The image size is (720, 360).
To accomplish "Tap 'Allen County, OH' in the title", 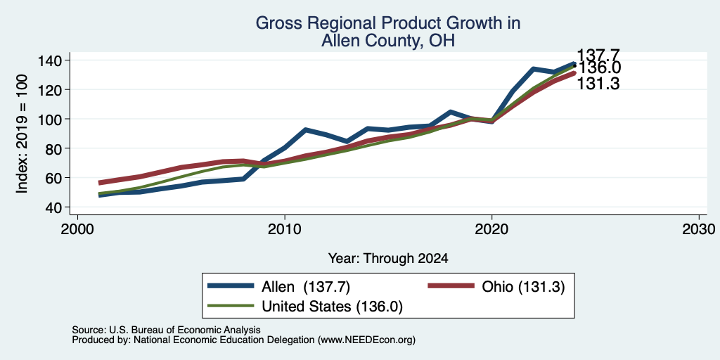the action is point(387,41).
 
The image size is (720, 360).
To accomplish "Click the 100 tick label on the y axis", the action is point(52,119).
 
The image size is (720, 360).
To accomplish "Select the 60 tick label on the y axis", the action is point(56,178).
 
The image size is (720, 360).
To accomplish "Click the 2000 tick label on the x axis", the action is point(77,229).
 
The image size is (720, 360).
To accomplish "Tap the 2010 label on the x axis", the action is point(285,229).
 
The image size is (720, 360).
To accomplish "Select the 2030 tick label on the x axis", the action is point(699,229).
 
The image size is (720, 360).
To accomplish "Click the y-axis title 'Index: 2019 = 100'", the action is point(22,134).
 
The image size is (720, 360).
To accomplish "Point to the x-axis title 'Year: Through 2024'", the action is point(388,259).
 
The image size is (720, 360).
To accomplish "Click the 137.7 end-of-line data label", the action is point(598,55).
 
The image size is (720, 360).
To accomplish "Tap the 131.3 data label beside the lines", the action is point(598,84).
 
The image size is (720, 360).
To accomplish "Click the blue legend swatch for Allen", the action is point(231,286).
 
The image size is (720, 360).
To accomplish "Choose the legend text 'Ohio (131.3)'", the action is point(523,287).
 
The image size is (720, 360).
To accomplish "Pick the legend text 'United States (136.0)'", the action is point(332,307).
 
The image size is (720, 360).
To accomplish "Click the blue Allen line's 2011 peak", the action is point(305,130).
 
